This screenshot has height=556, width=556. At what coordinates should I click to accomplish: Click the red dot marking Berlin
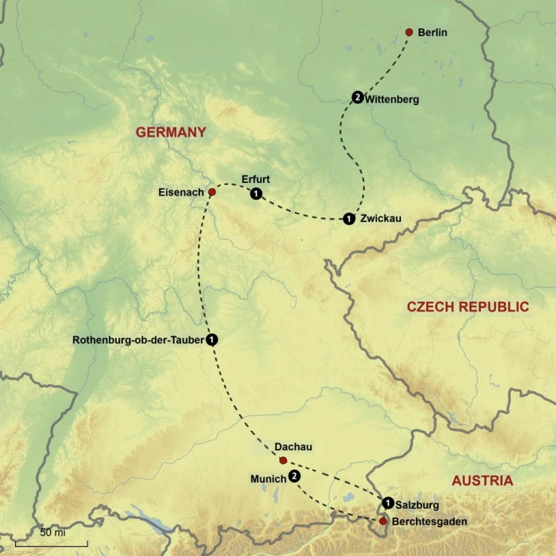[x=409, y=32]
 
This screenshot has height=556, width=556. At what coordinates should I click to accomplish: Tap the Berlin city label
[x=433, y=33]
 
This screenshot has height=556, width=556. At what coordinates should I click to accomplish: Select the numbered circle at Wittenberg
[x=357, y=97]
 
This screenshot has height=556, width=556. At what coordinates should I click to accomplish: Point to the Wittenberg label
[x=392, y=99]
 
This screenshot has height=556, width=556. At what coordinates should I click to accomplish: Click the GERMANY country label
[x=171, y=132]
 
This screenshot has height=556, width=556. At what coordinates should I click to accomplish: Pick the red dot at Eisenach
[x=212, y=193]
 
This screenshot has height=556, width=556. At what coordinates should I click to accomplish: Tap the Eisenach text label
[x=181, y=193]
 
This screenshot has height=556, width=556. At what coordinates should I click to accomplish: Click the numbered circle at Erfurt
[x=256, y=194]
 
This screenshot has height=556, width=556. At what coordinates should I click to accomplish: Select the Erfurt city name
[x=256, y=179]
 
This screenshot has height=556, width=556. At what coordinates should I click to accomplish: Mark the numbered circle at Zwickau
[x=348, y=219]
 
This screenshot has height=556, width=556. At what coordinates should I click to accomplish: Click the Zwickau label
[x=381, y=219]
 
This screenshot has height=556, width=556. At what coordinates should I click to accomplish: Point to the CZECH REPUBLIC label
[x=468, y=306]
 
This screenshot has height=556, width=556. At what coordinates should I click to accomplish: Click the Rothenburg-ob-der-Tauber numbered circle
[x=212, y=339]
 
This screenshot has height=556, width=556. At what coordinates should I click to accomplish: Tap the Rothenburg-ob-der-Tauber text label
[x=138, y=339]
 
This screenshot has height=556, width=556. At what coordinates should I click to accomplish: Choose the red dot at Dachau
[x=282, y=460]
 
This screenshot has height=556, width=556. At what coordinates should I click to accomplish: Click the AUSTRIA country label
[x=482, y=480]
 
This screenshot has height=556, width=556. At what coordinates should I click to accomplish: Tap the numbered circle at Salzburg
[x=387, y=503]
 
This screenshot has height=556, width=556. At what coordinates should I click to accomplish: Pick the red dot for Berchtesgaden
[x=384, y=521]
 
